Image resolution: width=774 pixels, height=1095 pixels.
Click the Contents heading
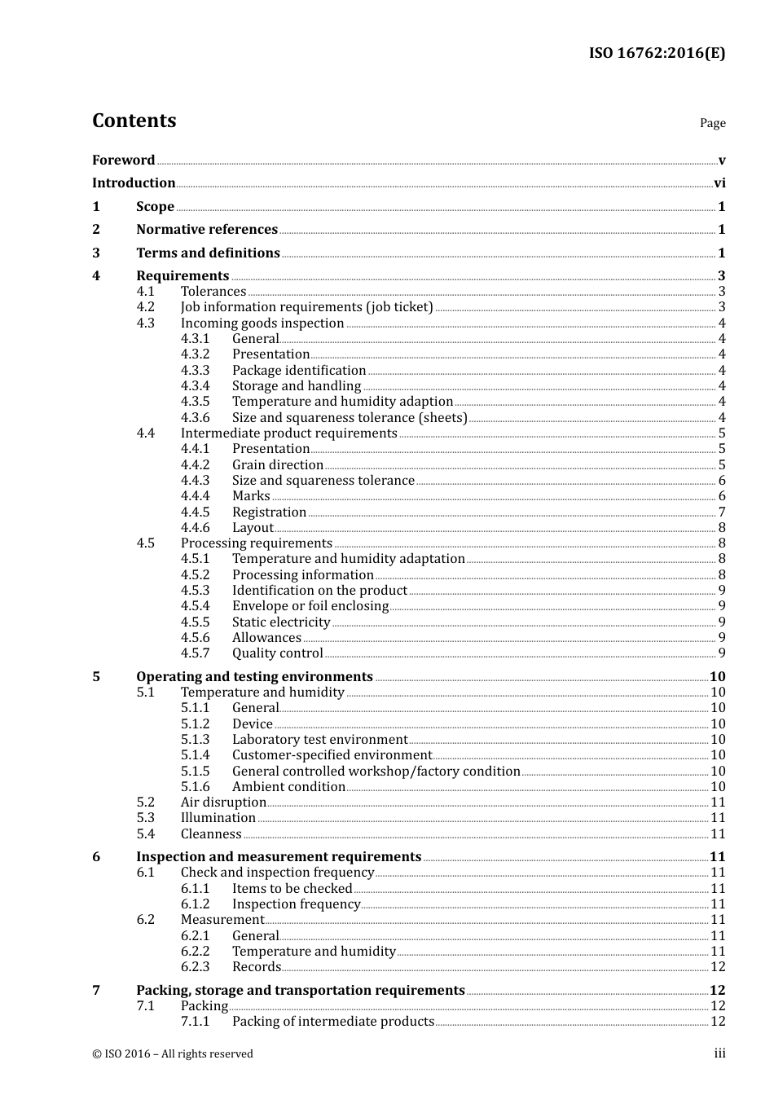coord(134,121)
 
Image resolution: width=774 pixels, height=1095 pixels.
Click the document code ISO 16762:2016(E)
coord(657,53)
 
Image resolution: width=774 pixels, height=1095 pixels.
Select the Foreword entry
coord(123,161)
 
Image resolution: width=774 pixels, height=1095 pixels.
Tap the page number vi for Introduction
coord(719,183)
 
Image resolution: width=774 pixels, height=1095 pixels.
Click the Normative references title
coord(207,230)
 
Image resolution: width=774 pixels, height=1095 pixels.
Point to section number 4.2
coord(145,307)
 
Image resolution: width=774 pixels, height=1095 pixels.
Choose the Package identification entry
coord(299,371)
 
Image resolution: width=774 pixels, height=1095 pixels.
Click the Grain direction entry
coord(278,465)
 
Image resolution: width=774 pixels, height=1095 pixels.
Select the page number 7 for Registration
coord(722,512)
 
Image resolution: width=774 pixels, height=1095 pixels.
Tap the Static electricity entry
coord(281,622)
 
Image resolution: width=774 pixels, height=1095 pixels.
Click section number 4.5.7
coord(195,653)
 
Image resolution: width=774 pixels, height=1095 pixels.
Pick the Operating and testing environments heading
coord(254,677)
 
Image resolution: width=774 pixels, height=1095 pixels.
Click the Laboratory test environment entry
coord(319,740)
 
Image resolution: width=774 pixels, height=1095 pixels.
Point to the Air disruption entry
coord(223,803)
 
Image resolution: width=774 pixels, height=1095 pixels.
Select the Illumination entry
coord(218,818)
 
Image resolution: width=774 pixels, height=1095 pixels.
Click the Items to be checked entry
coord(292,889)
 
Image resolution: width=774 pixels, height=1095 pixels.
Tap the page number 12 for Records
coord(718,967)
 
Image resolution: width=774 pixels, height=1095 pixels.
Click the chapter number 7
coord(96,991)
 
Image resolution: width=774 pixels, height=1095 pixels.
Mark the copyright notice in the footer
coord(173,1054)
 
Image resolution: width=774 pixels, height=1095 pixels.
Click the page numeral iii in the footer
coord(720,1053)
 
